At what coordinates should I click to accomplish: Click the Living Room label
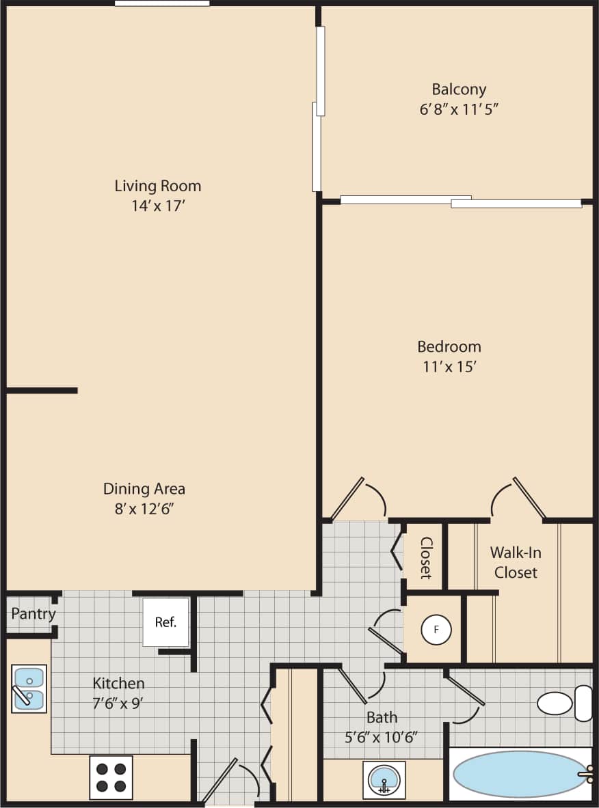click(157, 186)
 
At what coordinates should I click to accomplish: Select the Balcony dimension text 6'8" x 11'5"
click(459, 109)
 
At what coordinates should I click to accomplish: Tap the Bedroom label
click(449, 346)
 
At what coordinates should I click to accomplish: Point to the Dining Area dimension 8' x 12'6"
click(144, 509)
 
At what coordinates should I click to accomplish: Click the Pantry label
click(33, 614)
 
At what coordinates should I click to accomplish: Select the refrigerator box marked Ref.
click(165, 622)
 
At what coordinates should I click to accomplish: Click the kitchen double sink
click(29, 688)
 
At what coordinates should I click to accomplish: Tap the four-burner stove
click(111, 777)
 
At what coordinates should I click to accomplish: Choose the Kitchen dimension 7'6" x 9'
click(118, 703)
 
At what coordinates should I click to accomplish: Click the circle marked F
click(436, 630)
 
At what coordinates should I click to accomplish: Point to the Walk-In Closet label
click(516, 562)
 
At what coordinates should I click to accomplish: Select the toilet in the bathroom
click(564, 703)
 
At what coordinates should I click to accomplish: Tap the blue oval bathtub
click(520, 774)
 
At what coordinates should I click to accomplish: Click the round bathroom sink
click(384, 779)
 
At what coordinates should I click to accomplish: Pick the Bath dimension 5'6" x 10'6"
click(382, 737)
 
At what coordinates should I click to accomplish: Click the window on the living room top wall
click(162, 3)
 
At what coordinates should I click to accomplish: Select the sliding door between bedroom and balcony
click(461, 201)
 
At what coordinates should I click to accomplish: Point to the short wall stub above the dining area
click(41, 391)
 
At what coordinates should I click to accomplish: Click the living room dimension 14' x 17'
click(157, 206)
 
